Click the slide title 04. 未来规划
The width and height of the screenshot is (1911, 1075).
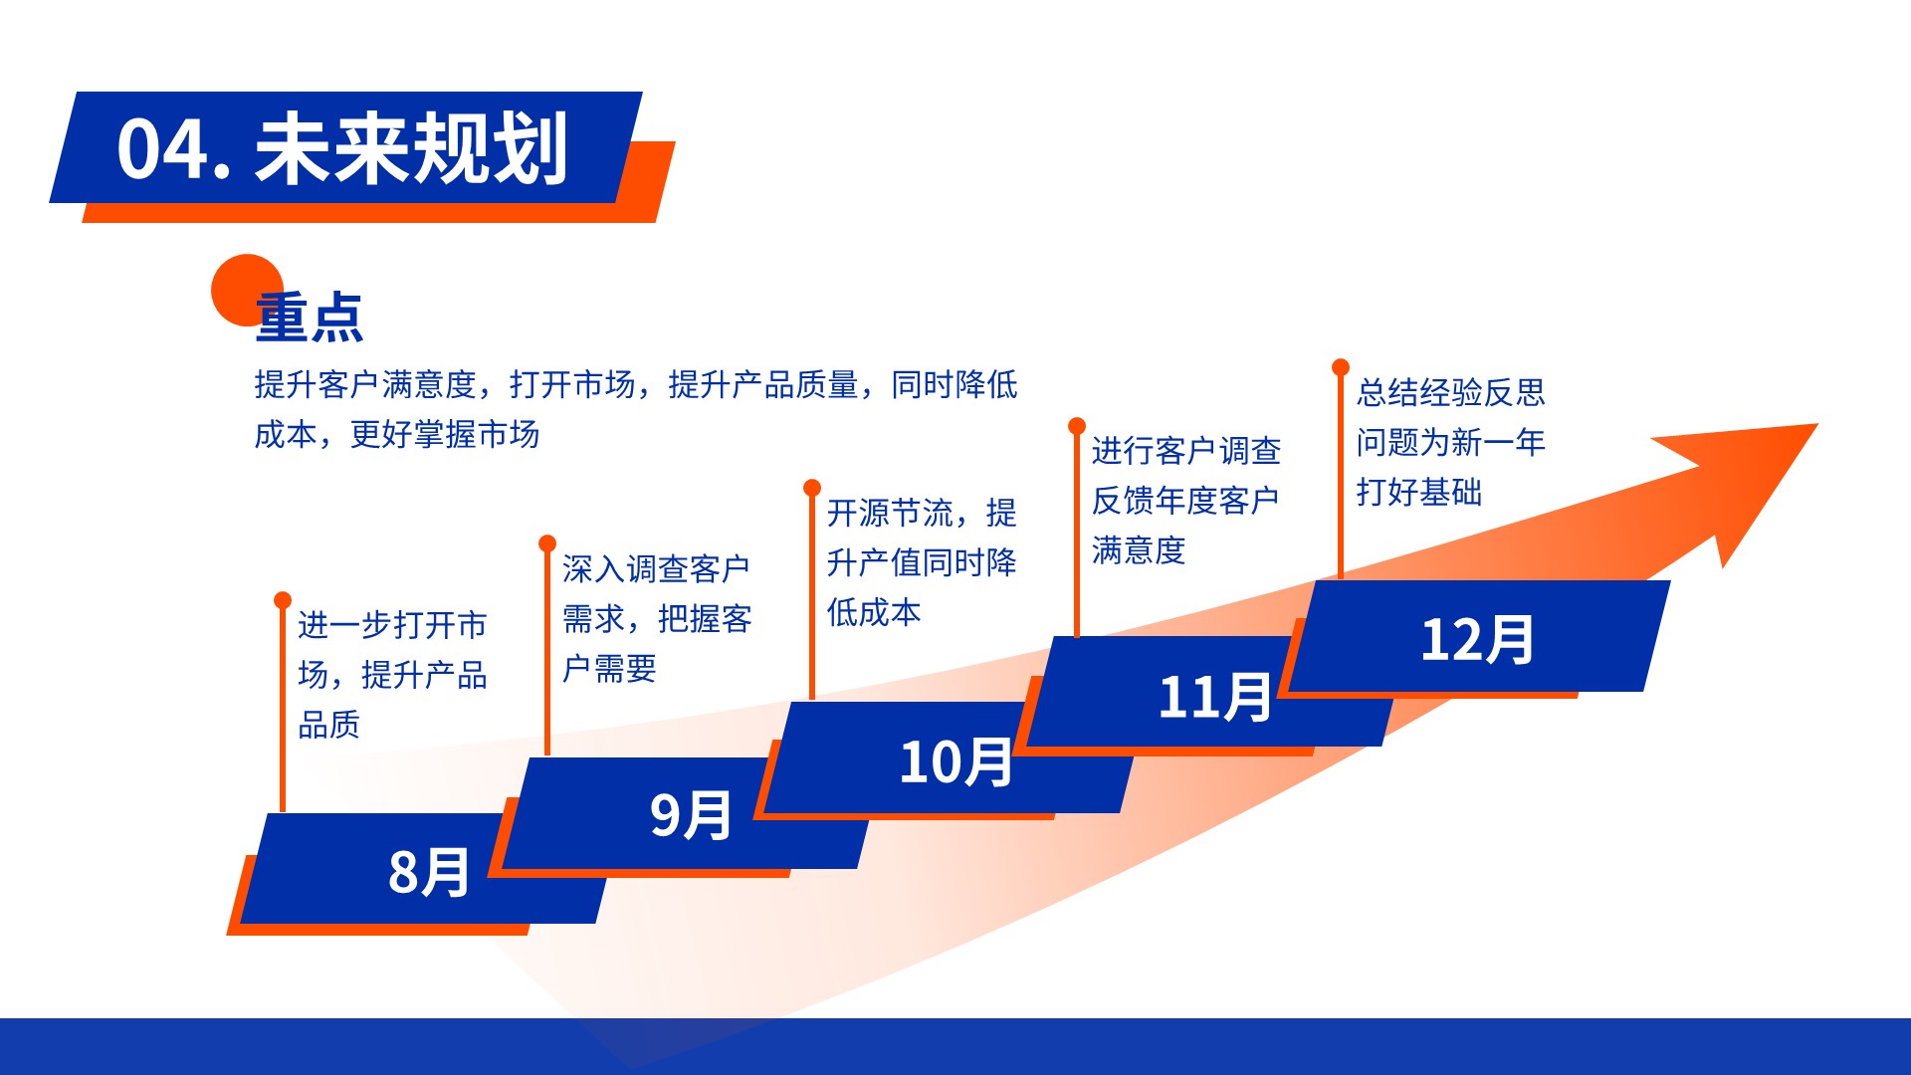coord(342,148)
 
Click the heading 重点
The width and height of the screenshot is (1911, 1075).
coord(310,318)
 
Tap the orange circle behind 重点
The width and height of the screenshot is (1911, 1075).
coord(247,290)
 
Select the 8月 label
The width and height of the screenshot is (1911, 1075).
coord(429,872)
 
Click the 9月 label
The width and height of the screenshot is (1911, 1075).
coord(691,815)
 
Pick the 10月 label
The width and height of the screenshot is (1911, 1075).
coord(955,762)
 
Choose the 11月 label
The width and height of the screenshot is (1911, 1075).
coord(1214,697)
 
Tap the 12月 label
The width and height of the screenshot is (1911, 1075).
coord(1477,639)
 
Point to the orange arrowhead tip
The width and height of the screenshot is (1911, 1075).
coord(1817,425)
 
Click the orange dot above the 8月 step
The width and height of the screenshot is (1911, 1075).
coord(283,600)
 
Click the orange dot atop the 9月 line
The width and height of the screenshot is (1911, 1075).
coord(547,543)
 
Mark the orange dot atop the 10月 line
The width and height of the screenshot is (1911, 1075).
coord(812,488)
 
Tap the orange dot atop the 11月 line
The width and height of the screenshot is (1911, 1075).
coord(1077,426)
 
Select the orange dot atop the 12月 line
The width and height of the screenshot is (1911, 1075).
coord(1341,367)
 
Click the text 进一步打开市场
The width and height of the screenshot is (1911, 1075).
coord(393,649)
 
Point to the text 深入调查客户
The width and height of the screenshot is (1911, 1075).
coord(656,569)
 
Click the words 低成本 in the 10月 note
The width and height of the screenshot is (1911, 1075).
coord(874,612)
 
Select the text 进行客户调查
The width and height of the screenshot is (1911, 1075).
coord(1186,451)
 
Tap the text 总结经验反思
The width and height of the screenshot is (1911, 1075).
coord(1451,392)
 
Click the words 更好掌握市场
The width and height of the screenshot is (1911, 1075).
coord(445,434)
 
